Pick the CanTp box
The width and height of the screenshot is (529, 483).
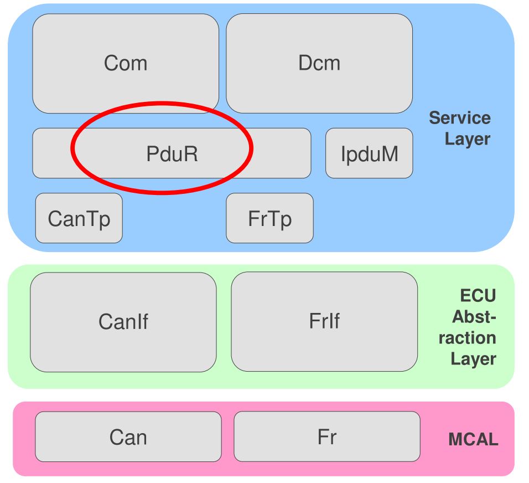tap(79, 218)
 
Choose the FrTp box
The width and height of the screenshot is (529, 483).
tap(269, 218)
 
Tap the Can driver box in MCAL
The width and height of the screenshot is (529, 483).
tap(128, 437)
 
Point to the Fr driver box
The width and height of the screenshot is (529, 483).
tap(327, 437)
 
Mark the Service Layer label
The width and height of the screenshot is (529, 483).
tap(460, 128)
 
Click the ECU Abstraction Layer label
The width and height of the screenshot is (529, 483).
tap(474, 327)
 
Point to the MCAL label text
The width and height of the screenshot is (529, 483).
tap(473, 441)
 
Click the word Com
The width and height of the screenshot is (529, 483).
tap(126, 63)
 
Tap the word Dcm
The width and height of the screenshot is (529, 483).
tap(319, 63)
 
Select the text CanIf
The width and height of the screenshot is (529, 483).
tap(123, 322)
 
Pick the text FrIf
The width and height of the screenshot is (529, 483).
tap(324, 322)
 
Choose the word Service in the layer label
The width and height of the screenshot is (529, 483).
tap(460, 118)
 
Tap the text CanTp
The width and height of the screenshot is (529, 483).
tap(79, 219)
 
